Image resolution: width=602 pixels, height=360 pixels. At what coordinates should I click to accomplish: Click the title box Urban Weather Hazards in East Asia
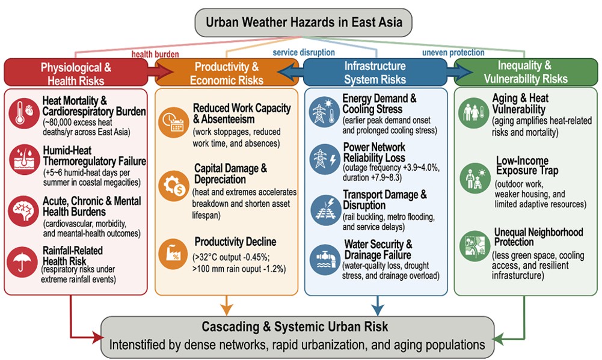303,22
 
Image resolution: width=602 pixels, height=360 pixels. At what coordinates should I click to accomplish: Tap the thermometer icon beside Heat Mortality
24,113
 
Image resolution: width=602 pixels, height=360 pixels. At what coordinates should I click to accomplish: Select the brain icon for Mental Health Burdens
24,211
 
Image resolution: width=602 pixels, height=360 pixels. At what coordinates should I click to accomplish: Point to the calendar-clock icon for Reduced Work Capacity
174,122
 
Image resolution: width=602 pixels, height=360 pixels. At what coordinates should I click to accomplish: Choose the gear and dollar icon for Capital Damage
174,186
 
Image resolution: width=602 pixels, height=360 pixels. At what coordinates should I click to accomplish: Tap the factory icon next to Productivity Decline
174,254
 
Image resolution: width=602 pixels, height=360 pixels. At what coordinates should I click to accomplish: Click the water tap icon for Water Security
325,260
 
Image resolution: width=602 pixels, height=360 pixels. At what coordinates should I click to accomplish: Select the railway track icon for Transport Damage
325,210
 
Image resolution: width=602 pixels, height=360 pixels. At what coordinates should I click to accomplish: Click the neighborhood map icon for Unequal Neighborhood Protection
475,246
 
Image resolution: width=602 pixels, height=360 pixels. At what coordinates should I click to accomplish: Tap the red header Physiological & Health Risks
76,73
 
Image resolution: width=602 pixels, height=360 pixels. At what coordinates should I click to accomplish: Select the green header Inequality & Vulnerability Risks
526,72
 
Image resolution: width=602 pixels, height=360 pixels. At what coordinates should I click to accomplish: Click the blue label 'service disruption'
304,52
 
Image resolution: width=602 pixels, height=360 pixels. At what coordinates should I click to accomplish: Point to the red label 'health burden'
155,54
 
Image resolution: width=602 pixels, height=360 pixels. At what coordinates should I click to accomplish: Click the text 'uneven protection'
453,52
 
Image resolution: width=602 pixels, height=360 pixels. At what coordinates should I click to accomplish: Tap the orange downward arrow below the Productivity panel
227,305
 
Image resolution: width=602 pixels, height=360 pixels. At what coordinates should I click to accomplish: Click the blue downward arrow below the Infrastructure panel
378,305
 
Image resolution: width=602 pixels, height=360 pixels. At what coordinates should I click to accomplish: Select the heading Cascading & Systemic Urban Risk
295,326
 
